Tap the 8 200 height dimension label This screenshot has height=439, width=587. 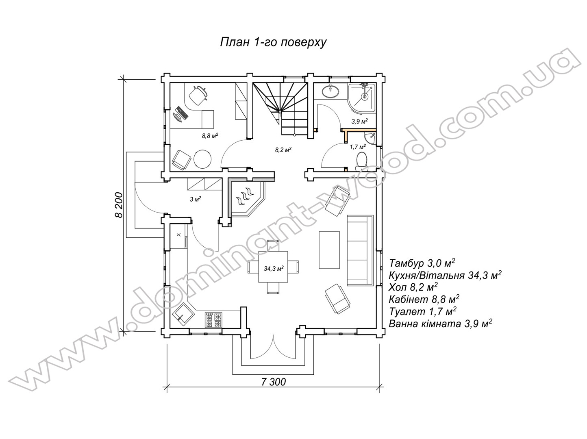point(119,205)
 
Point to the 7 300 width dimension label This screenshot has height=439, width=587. point(273,382)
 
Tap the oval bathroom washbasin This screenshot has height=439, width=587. point(331,91)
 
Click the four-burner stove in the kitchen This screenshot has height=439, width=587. point(213,320)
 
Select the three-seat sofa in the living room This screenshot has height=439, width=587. point(360,250)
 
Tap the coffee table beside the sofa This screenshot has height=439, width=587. point(329,250)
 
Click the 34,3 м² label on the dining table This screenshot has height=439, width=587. point(274,268)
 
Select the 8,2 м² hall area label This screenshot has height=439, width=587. point(283,149)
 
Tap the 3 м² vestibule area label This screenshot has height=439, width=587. point(196,199)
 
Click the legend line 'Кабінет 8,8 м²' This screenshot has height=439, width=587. point(424,299)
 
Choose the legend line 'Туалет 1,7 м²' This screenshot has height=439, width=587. point(422,311)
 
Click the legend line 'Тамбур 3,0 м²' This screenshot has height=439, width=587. point(422,263)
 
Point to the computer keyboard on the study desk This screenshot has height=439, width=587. point(182,113)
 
